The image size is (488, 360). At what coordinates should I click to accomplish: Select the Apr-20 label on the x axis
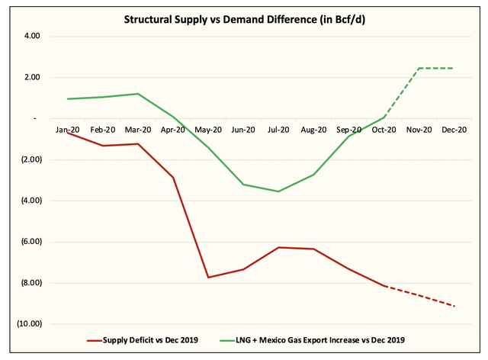click(x=173, y=130)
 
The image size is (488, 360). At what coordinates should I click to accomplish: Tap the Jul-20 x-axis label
click(x=278, y=130)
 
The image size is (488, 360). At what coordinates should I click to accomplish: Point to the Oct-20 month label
click(x=384, y=130)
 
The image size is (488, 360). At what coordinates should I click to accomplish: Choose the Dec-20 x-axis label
click(x=454, y=130)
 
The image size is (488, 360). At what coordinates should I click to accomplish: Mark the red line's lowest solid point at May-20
click(x=208, y=277)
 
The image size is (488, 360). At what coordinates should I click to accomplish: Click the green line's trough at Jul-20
click(x=278, y=191)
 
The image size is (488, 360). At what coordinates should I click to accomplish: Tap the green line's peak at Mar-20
click(x=138, y=94)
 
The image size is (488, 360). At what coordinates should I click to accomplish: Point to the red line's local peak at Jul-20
click(x=278, y=247)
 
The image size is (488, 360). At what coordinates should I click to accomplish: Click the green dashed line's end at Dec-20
click(x=454, y=69)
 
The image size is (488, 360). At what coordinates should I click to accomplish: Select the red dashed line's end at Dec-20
click(x=454, y=306)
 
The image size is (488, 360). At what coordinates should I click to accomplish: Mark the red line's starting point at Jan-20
click(x=68, y=133)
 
